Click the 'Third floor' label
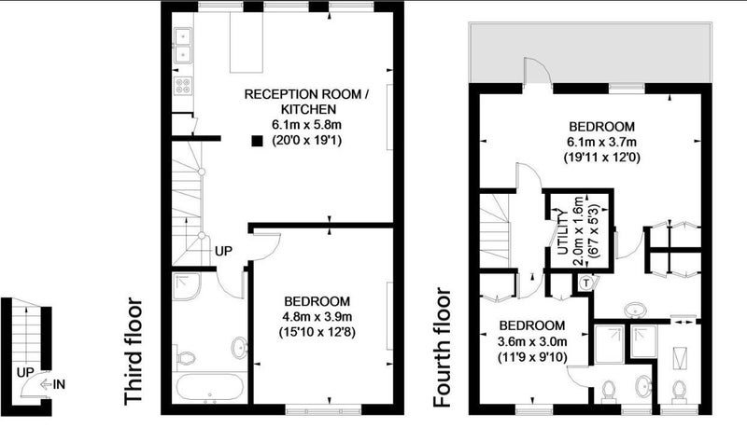coord(134,352)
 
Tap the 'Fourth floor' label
coord(442,348)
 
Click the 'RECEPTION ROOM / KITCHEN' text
coord(306,102)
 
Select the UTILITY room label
coord(563,231)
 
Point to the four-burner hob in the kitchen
coord(183,86)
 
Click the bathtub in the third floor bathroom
coord(210,388)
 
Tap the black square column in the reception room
coord(258,141)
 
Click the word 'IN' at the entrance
coord(59,384)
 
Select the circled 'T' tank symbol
coord(586,283)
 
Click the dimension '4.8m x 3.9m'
coord(317,316)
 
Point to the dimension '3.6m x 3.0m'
coord(532,341)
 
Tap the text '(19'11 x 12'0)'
coord(601,157)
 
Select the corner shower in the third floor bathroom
coord(187,286)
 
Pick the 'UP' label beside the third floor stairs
coord(223,251)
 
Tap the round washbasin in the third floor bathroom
coord(239,348)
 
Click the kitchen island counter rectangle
coord(247,42)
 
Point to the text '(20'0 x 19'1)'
coord(306,141)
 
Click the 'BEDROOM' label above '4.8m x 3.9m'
coord(317,301)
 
